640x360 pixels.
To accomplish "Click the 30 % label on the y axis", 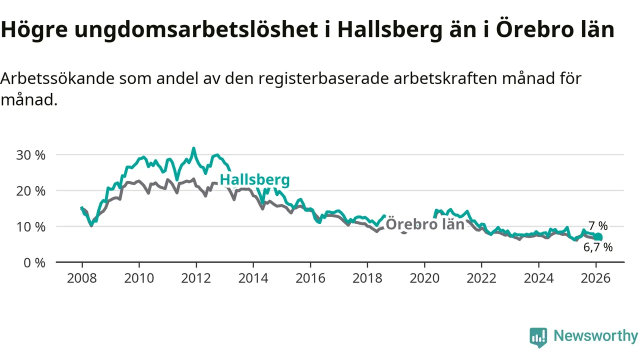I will (30, 155).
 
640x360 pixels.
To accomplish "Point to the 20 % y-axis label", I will (30, 191).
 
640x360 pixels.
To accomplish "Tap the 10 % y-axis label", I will (30, 227).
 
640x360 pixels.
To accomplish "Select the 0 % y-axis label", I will (34, 262).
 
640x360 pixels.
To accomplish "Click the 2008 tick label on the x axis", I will (82, 278).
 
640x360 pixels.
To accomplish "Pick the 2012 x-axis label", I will (196, 278).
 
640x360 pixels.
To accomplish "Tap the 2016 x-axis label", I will (310, 278).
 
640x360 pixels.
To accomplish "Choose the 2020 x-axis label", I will (424, 278).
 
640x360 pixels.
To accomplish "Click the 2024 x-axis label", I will (538, 278).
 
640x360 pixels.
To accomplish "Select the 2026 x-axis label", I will (595, 278).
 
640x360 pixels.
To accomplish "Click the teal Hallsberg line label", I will (254, 180).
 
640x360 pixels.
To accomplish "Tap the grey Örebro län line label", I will (425, 224).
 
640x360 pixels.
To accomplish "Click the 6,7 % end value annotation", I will (598, 246).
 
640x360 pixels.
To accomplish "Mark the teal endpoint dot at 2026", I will (598, 237).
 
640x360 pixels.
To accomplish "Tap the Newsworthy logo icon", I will (538, 337).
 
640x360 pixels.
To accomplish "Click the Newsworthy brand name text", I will (595, 336).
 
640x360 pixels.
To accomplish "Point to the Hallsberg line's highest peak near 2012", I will (194, 148).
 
